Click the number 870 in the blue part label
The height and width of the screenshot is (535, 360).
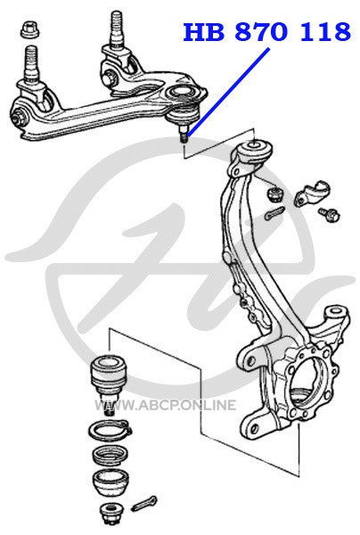261,32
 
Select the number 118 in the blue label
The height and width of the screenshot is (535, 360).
324,32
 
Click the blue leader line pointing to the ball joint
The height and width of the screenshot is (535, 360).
228,92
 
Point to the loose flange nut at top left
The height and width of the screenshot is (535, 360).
30,29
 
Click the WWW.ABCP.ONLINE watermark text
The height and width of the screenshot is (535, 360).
165,405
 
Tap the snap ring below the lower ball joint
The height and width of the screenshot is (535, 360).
110,430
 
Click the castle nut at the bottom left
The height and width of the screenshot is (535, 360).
109,514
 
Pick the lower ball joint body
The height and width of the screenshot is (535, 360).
108,379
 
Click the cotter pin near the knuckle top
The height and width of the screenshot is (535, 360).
274,212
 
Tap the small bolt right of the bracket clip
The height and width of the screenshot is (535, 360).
330,214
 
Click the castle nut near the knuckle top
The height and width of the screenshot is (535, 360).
274,193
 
